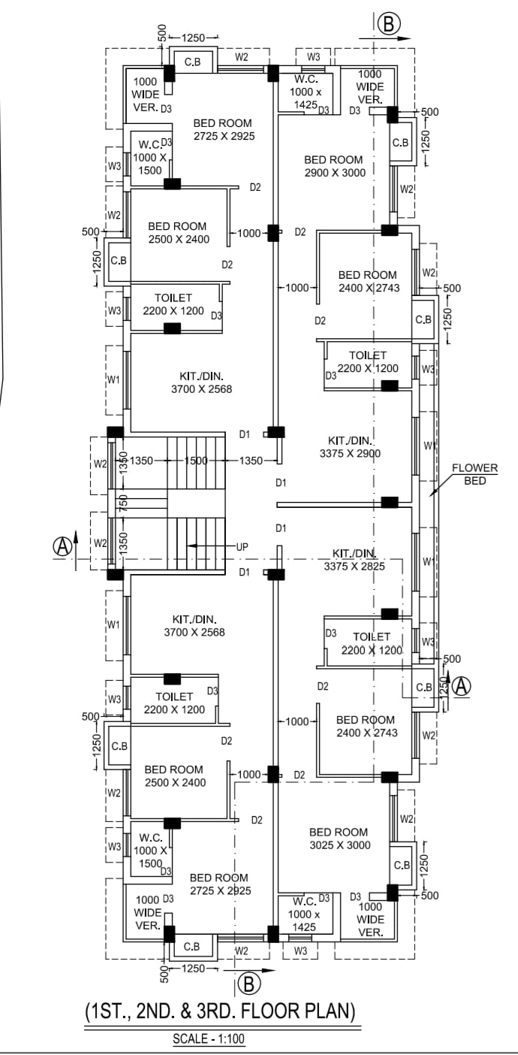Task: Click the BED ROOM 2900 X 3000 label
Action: pos(333,165)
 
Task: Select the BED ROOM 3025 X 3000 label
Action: pos(339,838)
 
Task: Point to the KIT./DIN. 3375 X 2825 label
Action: pos(354,560)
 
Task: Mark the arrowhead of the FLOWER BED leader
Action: pos(431,494)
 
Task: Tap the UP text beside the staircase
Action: pos(242,546)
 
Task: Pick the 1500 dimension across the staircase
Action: pos(196,461)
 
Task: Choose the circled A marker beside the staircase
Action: pos(62,546)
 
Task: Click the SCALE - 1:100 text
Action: pos(209,1040)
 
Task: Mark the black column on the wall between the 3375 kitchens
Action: pos(390,501)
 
